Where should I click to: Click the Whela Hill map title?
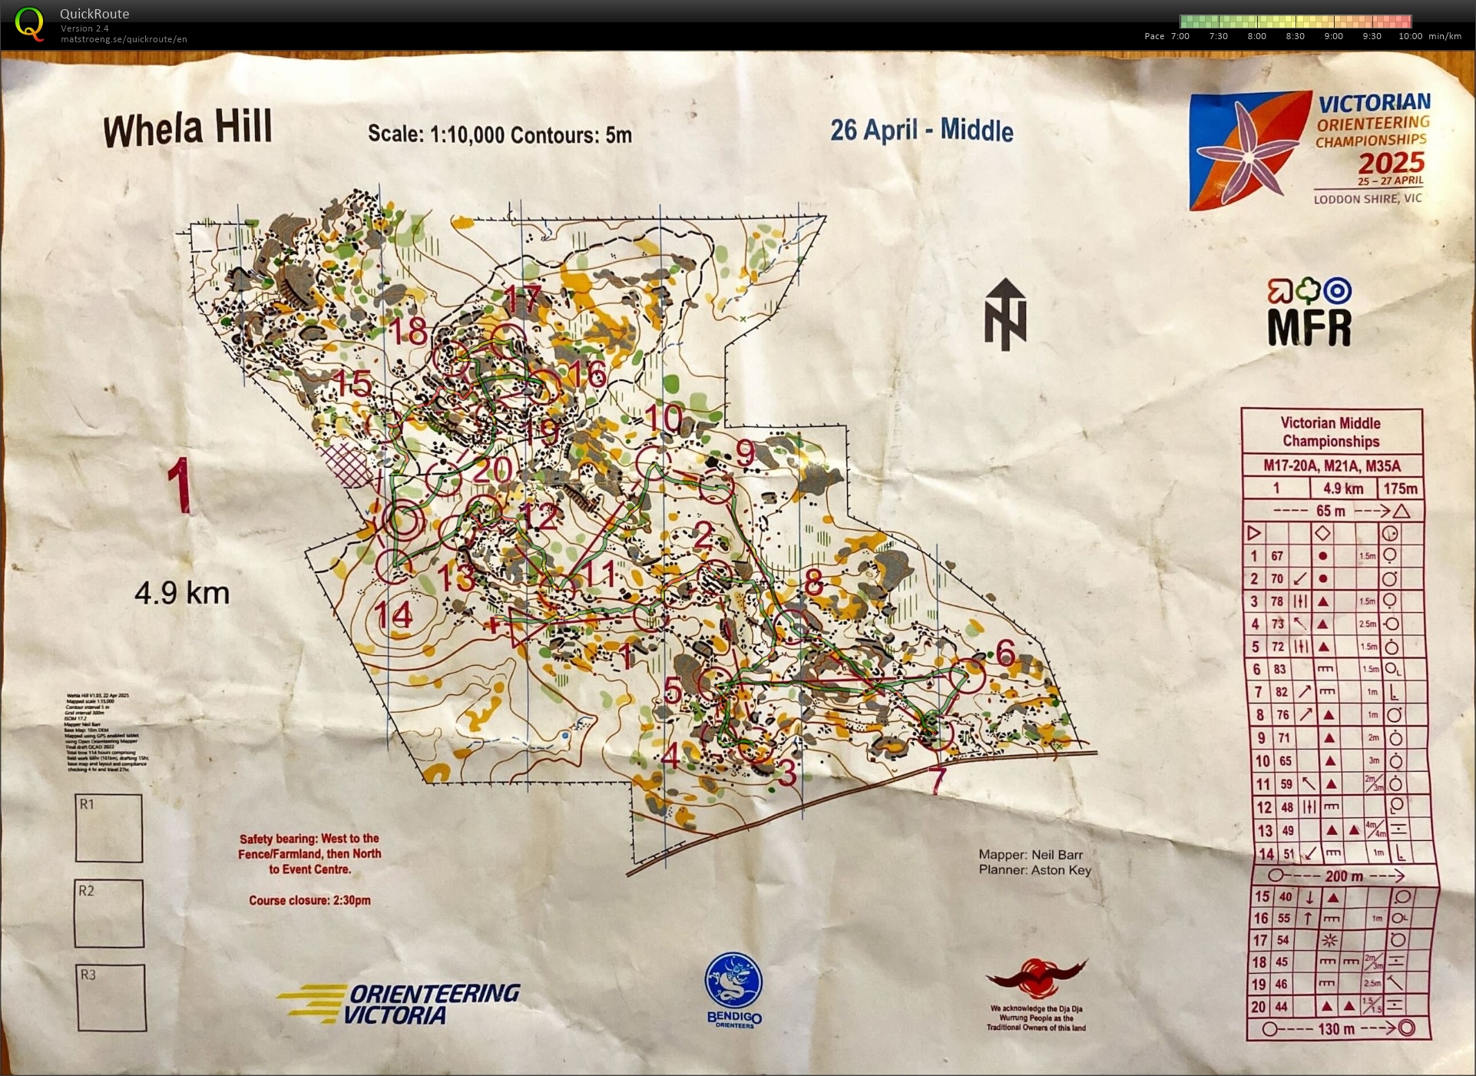(x=188, y=128)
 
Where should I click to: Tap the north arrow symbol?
(x=1005, y=314)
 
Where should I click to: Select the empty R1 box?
(x=109, y=828)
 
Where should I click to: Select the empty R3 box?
(x=111, y=998)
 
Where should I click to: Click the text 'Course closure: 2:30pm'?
(x=309, y=900)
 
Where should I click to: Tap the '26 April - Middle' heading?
(x=922, y=131)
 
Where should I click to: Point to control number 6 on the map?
(x=1005, y=653)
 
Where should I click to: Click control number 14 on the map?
(x=394, y=615)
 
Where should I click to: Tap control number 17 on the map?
(x=523, y=299)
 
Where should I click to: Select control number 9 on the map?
(x=745, y=452)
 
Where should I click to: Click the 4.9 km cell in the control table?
(x=1343, y=488)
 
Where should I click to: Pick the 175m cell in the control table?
(x=1400, y=488)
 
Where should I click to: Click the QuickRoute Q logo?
(x=29, y=23)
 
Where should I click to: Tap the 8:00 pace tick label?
(x=1256, y=36)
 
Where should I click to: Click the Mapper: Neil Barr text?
(x=1031, y=855)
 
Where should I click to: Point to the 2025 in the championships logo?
(x=1391, y=164)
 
